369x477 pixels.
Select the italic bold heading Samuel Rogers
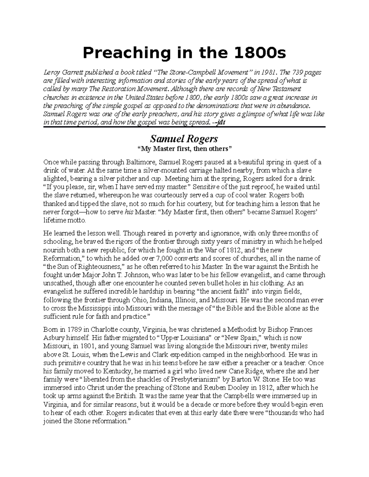tap(184, 139)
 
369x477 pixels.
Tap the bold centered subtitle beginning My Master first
tap(184, 149)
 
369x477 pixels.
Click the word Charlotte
tap(105, 330)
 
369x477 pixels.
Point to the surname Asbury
tap(53, 338)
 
